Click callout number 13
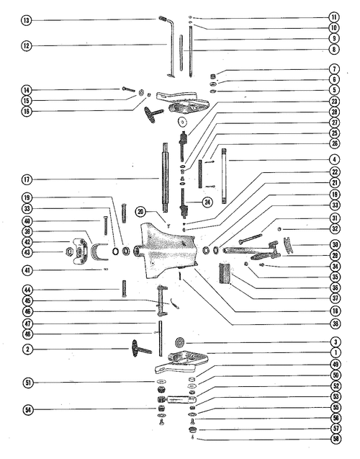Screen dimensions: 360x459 (26, 20)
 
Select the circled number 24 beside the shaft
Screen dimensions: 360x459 (207, 202)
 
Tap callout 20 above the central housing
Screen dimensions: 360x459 (140, 212)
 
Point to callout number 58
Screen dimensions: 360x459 (336, 439)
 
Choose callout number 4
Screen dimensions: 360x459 (335, 160)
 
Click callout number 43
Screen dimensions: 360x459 (27, 253)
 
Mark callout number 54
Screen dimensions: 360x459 (28, 409)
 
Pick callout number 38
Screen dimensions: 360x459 (335, 324)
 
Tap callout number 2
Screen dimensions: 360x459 (28, 349)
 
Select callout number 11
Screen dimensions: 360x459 (334, 17)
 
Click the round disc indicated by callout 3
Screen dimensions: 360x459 (179, 342)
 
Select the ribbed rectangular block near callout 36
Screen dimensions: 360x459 (225, 273)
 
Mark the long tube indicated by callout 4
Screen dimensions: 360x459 (225, 176)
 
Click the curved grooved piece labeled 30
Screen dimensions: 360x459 (289, 245)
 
